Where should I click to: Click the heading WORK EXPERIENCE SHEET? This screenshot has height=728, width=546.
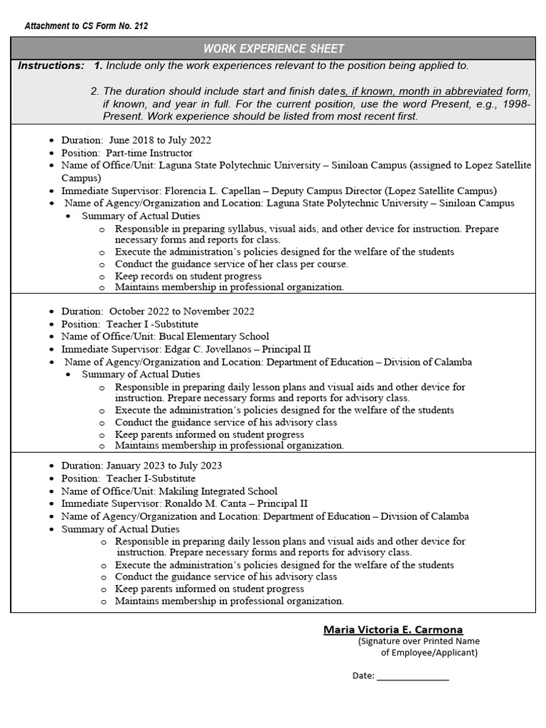pyautogui.click(x=273, y=48)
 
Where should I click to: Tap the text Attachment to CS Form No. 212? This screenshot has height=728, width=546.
pyautogui.click(x=86, y=26)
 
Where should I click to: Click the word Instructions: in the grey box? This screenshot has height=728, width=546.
pyautogui.click(x=50, y=65)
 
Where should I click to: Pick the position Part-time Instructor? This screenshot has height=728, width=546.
pyautogui.click(x=149, y=153)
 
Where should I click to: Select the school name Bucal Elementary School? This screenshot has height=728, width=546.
pyautogui.click(x=213, y=336)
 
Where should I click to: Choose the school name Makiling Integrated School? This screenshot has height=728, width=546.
pyautogui.click(x=218, y=491)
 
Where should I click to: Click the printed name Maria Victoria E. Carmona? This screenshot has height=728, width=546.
pyautogui.click(x=393, y=629)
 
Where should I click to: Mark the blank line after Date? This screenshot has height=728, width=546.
pyautogui.click(x=412, y=676)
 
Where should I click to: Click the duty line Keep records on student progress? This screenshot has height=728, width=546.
pyautogui.click(x=188, y=276)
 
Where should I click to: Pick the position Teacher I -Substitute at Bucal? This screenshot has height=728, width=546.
pyautogui.click(x=152, y=324)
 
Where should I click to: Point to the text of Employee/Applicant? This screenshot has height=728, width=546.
pyautogui.click(x=429, y=653)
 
